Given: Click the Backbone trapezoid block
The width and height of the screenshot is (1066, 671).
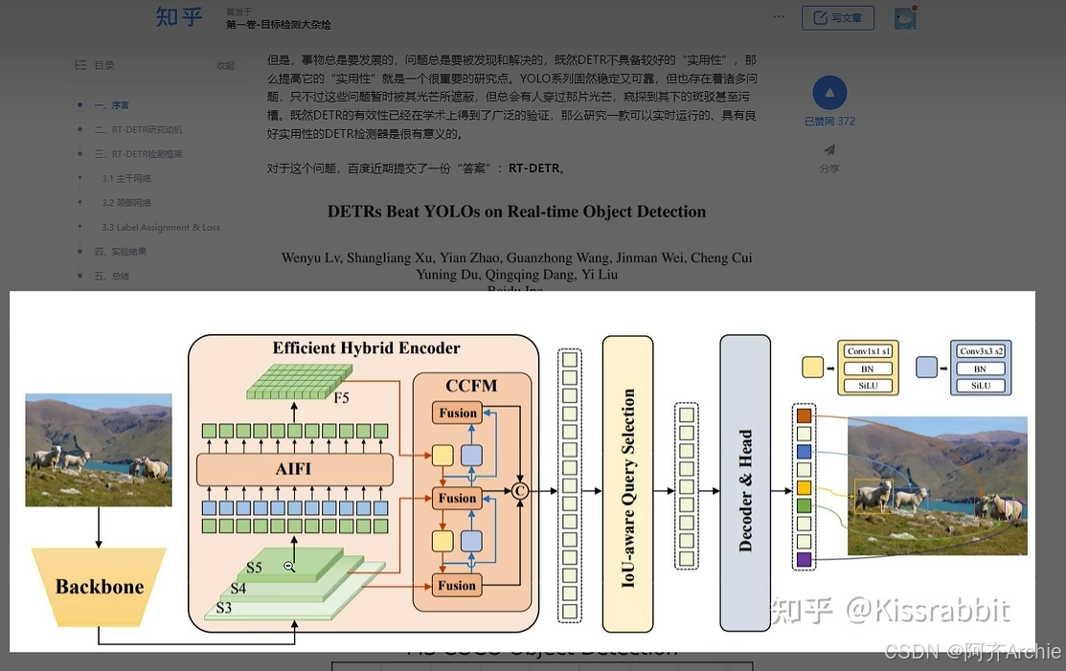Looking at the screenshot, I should tap(99, 587).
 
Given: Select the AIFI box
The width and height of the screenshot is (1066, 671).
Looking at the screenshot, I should tap(293, 470).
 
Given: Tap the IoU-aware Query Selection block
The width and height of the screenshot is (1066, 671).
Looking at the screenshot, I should tap(627, 484).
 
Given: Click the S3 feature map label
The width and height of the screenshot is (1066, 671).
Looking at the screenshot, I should tap(223, 607).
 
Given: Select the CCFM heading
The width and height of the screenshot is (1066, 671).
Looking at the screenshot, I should tap(471, 386).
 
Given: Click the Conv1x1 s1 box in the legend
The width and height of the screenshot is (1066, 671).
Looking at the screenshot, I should tap(868, 352).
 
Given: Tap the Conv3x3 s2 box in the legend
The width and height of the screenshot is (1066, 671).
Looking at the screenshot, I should tap(980, 352).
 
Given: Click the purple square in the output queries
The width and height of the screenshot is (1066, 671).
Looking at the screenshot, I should tap(804, 559).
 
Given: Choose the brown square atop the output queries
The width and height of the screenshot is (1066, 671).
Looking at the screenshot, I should tap(804, 416).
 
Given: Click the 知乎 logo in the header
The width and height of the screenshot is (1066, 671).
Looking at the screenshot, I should tap(179, 17).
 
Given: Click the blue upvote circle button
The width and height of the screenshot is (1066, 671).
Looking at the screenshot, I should tap(829, 94).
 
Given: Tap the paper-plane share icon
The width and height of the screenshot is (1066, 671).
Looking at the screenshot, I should tap(829, 149).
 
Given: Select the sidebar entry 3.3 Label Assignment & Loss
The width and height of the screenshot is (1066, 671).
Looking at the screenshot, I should tap(160, 228).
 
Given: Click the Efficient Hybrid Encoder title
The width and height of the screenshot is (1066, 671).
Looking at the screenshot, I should tap(366, 348).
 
